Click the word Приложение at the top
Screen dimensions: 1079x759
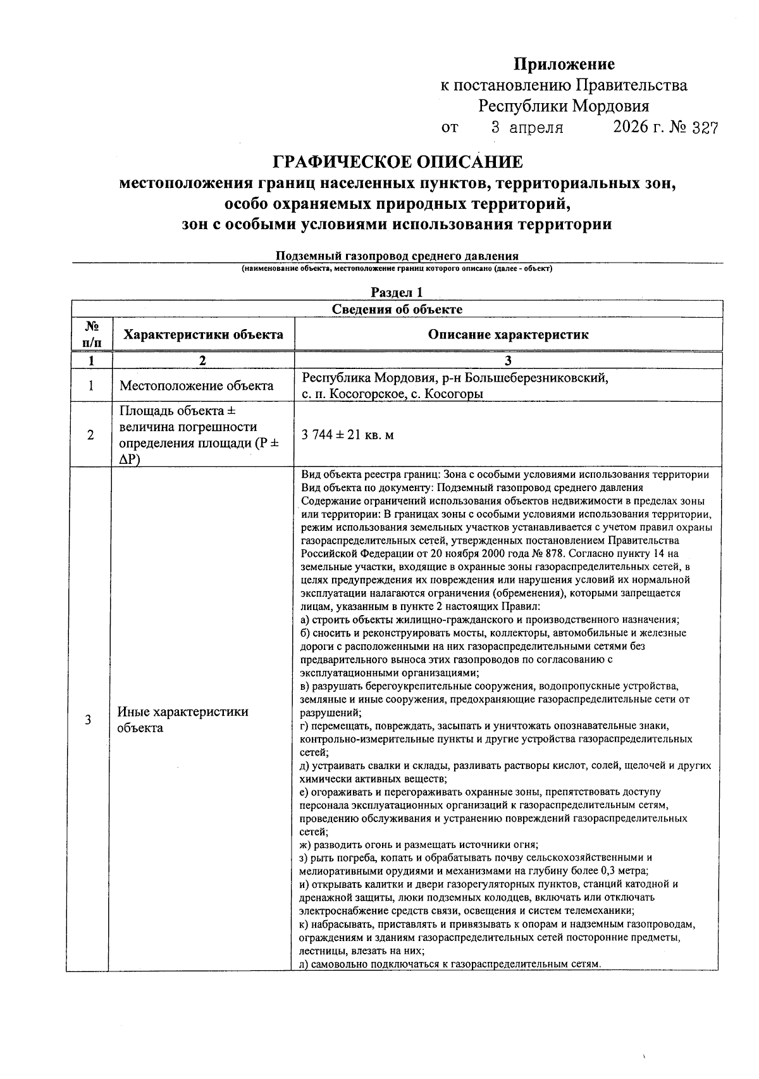pyautogui.click(x=564, y=64)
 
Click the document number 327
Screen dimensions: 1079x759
pyautogui.click(x=705, y=128)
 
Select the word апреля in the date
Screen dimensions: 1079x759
pyautogui.click(x=536, y=128)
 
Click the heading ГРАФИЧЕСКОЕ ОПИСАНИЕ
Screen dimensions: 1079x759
pyautogui.click(x=397, y=163)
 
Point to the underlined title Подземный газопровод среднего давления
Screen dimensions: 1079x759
pyautogui.click(x=397, y=256)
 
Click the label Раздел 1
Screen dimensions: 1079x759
pyautogui.click(x=397, y=292)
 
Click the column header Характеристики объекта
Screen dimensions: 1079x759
pyautogui.click(x=203, y=335)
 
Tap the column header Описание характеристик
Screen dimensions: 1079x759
pyautogui.click(x=508, y=335)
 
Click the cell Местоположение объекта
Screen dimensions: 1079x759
pyautogui.click(x=197, y=386)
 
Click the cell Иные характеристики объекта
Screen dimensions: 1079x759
pyautogui.click(x=183, y=720)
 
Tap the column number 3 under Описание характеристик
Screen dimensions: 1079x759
pyautogui.click(x=508, y=361)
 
